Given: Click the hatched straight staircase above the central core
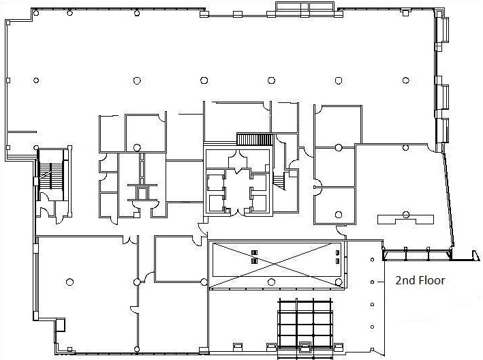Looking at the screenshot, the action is tap(255, 139).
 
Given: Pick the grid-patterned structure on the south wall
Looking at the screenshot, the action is tap(305, 329).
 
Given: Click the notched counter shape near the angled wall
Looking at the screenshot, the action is tap(406, 220).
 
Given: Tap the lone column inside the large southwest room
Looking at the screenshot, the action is tap(70, 282).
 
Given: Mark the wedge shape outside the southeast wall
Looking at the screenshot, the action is tap(476, 256).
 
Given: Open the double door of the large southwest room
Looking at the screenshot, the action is tap(130, 239).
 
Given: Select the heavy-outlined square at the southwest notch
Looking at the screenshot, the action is tap(60, 325).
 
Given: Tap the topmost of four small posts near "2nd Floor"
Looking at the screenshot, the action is tap(373, 260).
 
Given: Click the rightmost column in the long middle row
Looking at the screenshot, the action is tap(406, 80).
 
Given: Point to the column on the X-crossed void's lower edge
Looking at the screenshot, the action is tap(271, 282).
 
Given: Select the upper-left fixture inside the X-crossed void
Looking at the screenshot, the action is tap(254, 253).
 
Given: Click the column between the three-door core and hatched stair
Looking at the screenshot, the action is tap(137, 148).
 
